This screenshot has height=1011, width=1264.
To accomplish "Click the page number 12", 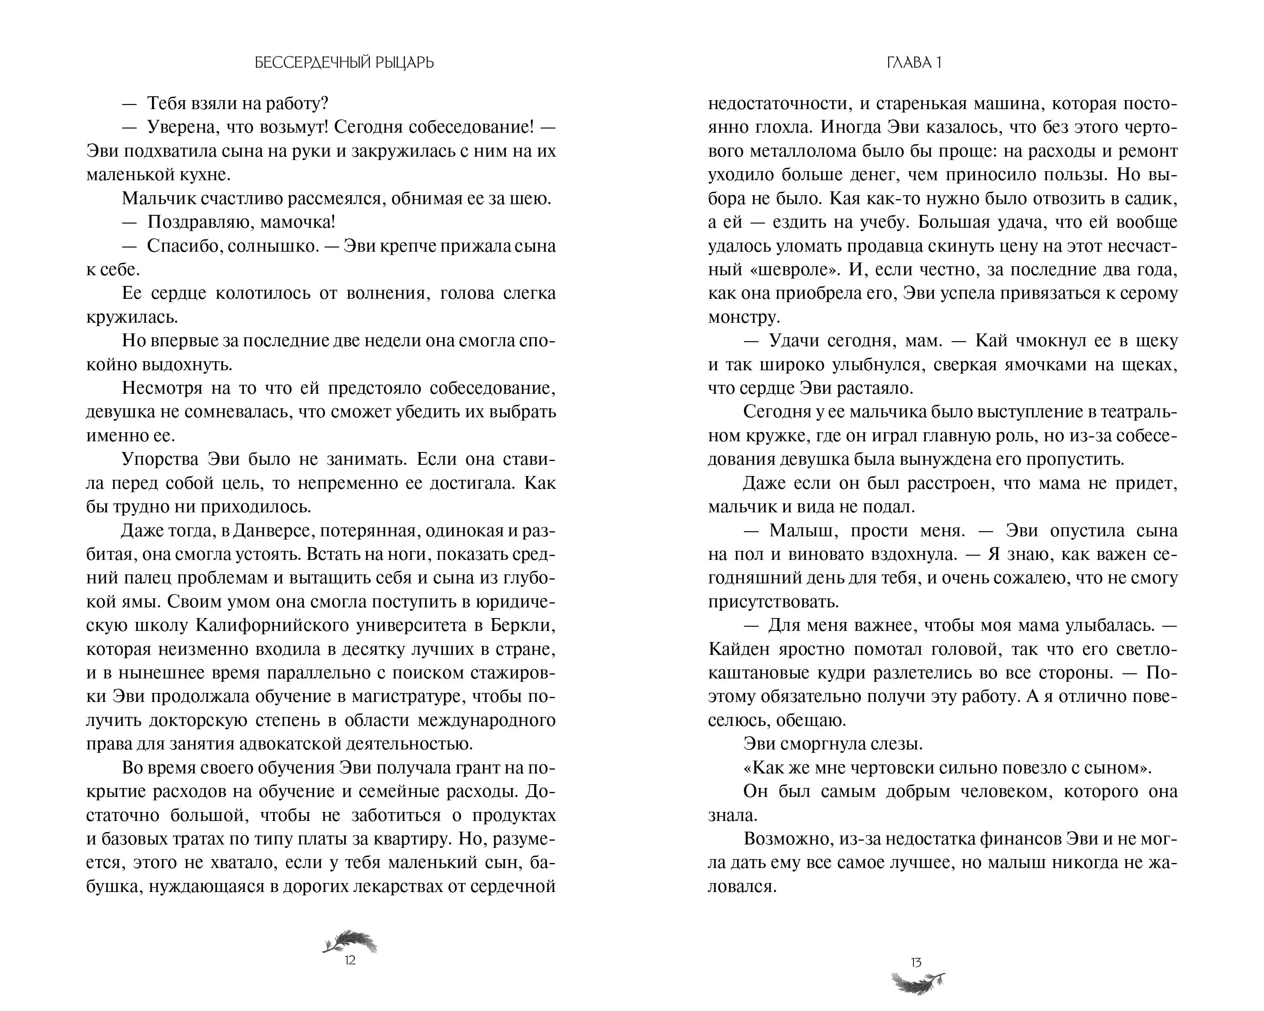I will [350, 960].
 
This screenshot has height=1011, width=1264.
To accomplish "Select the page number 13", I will [916, 962].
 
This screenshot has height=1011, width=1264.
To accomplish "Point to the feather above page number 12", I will [350, 941].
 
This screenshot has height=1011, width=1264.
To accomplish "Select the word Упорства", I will [160, 460].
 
